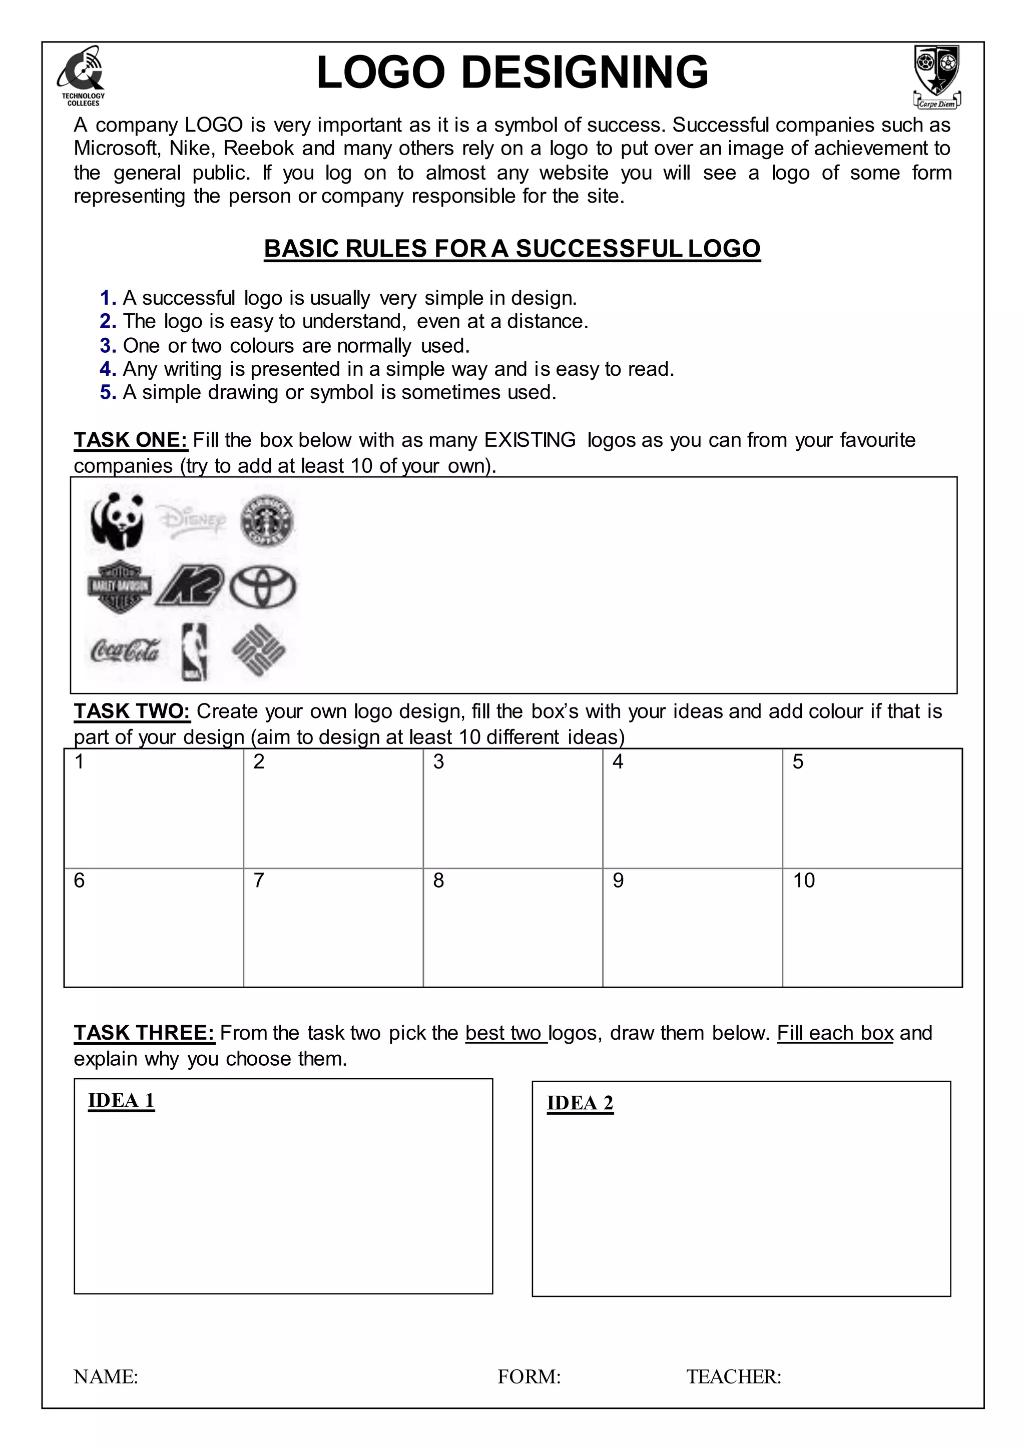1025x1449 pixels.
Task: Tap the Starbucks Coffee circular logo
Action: (267, 521)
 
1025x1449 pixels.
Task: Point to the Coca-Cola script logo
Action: (125, 650)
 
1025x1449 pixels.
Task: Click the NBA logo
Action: (194, 652)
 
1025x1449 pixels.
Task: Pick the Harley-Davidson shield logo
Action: (119, 586)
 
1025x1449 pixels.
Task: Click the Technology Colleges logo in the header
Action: (83, 75)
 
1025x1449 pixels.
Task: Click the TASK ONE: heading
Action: (131, 440)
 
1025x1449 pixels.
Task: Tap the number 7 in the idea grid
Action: (259, 881)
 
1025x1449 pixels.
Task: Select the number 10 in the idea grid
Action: (803, 881)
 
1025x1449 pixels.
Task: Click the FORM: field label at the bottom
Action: (529, 1376)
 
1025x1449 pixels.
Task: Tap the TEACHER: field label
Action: (733, 1376)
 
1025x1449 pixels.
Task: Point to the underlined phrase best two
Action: (505, 1033)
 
